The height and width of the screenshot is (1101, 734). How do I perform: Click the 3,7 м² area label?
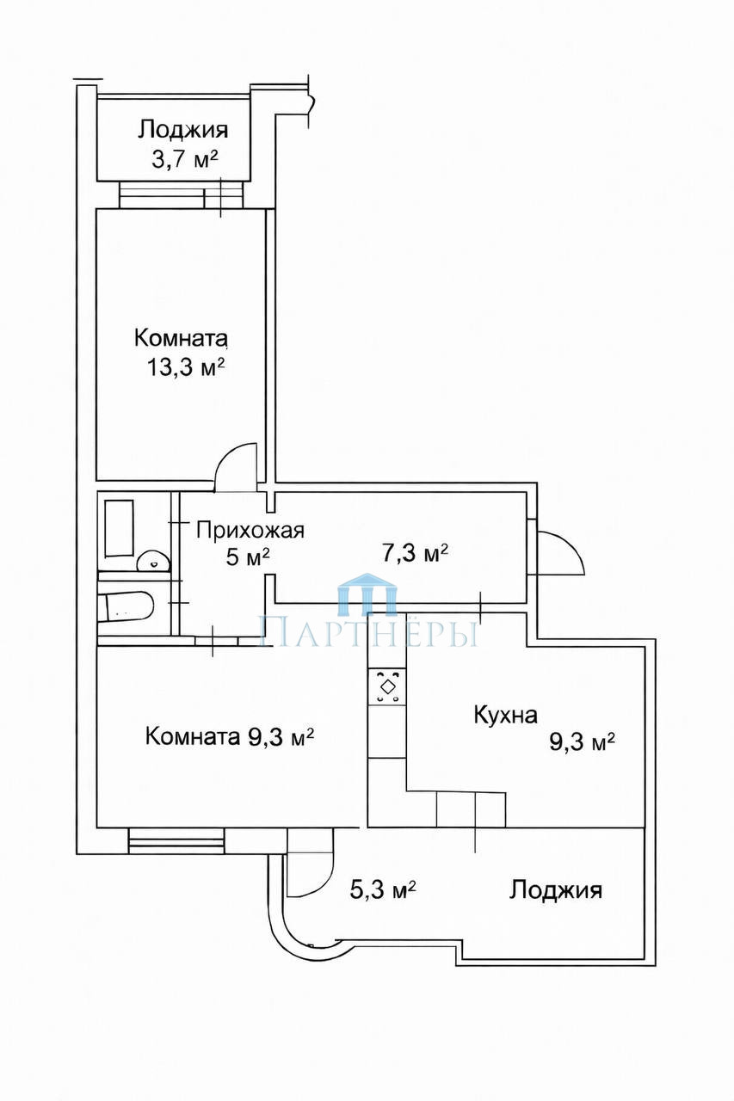click(x=184, y=160)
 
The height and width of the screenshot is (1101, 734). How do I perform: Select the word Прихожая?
click(x=250, y=532)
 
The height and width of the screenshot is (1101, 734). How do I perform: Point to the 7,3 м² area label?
click(x=415, y=553)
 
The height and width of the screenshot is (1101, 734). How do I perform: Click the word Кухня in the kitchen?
click(x=505, y=715)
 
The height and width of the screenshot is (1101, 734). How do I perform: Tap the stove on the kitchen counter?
click(x=387, y=686)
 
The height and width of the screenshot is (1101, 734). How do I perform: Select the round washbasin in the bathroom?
click(x=153, y=561)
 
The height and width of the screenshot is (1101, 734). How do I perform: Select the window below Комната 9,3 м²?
click(x=176, y=841)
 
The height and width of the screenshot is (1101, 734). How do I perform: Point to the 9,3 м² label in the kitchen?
click(x=582, y=741)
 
